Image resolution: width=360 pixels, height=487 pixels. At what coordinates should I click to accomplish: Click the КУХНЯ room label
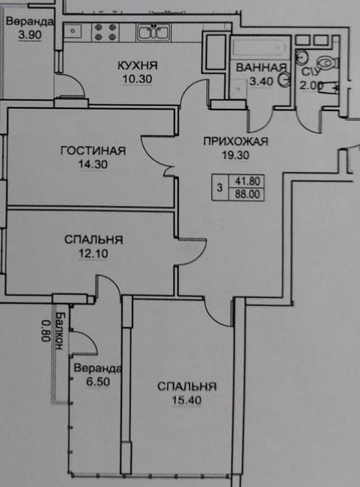138,65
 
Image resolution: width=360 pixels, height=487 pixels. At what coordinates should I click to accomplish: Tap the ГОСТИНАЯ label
93,151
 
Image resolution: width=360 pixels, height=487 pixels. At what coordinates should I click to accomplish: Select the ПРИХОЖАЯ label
236,141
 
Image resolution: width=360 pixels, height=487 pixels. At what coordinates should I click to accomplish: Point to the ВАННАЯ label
261,68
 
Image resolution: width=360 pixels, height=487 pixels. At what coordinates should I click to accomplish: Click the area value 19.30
236,154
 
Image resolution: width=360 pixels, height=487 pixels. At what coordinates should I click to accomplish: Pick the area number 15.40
186,399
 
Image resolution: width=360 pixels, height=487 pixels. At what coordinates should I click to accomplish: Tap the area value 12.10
93,254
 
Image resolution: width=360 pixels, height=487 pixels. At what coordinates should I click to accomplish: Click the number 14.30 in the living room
93,164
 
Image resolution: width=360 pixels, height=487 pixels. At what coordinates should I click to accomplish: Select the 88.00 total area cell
247,195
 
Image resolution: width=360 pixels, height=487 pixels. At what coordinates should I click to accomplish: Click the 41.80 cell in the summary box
247,181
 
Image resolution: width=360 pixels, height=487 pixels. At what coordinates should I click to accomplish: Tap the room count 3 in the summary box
220,188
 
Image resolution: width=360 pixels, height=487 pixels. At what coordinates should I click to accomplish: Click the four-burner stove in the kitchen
105,32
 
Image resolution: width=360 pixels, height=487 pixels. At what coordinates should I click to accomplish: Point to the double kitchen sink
153,32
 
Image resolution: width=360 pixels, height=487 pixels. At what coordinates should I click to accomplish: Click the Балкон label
59,331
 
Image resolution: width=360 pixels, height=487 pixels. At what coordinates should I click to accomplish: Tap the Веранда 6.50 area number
98,381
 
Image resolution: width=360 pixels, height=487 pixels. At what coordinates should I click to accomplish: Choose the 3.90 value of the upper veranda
29,35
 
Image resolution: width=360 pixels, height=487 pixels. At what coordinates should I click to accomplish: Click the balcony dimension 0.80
46,331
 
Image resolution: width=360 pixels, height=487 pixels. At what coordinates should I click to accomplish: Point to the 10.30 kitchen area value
138,79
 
